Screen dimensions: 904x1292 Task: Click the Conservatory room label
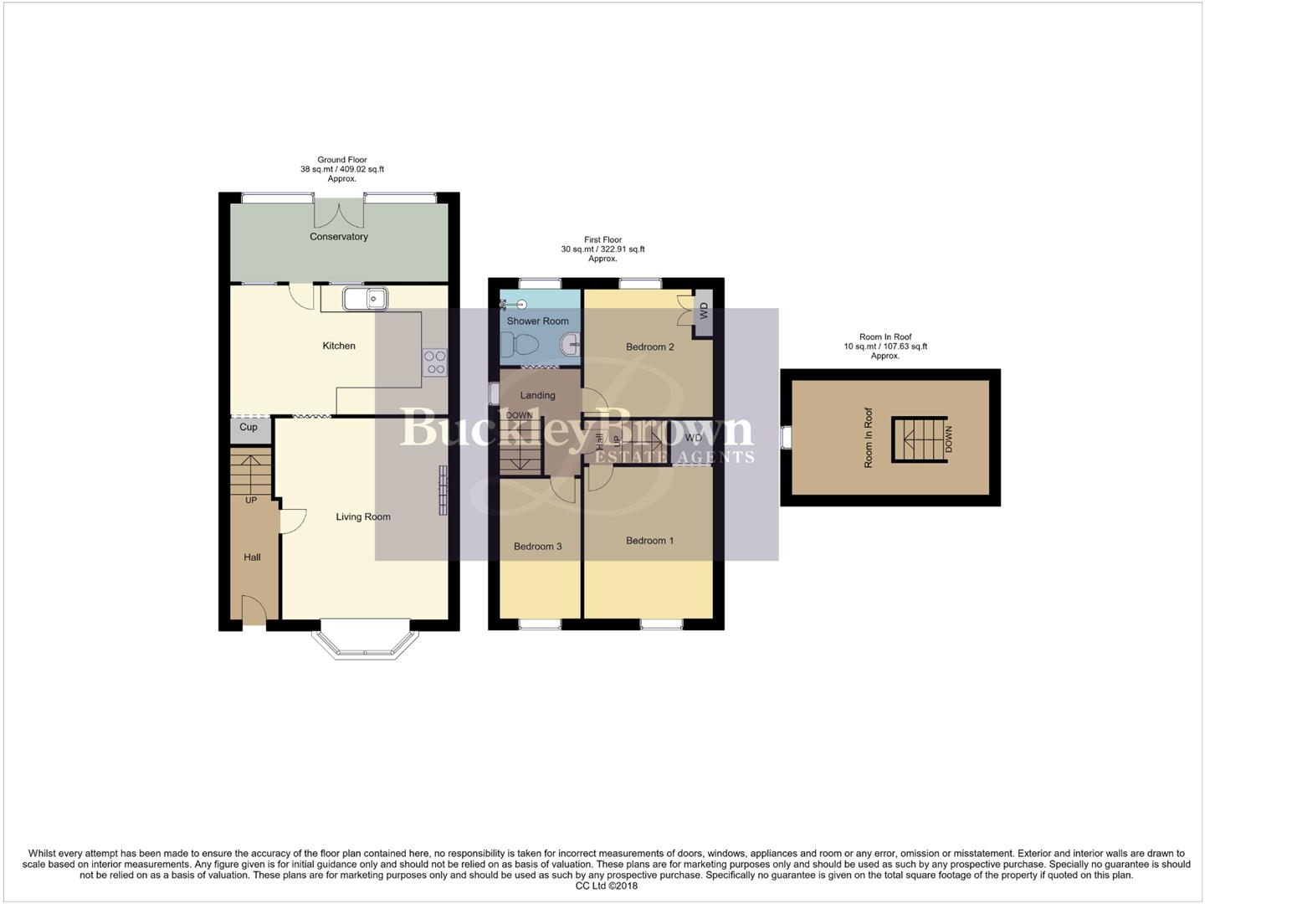point(338,237)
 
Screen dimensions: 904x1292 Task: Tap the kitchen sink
point(364,298)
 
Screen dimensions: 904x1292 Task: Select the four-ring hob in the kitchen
point(434,362)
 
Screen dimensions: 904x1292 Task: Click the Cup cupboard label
point(249,427)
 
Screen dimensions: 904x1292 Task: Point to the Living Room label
point(363,516)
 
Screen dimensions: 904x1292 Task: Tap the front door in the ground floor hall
point(254,609)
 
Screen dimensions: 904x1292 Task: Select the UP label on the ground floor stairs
point(250,500)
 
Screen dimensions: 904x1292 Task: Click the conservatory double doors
point(339,214)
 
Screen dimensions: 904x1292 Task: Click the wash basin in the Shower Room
point(570,342)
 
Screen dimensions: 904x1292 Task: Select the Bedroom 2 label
point(649,347)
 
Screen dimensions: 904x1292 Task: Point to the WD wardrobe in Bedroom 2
point(703,311)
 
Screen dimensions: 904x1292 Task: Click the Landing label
point(537,395)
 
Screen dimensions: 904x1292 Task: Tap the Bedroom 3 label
point(537,547)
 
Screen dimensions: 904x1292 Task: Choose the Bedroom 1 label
point(649,541)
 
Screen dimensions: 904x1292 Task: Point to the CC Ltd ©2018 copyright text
point(606,886)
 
